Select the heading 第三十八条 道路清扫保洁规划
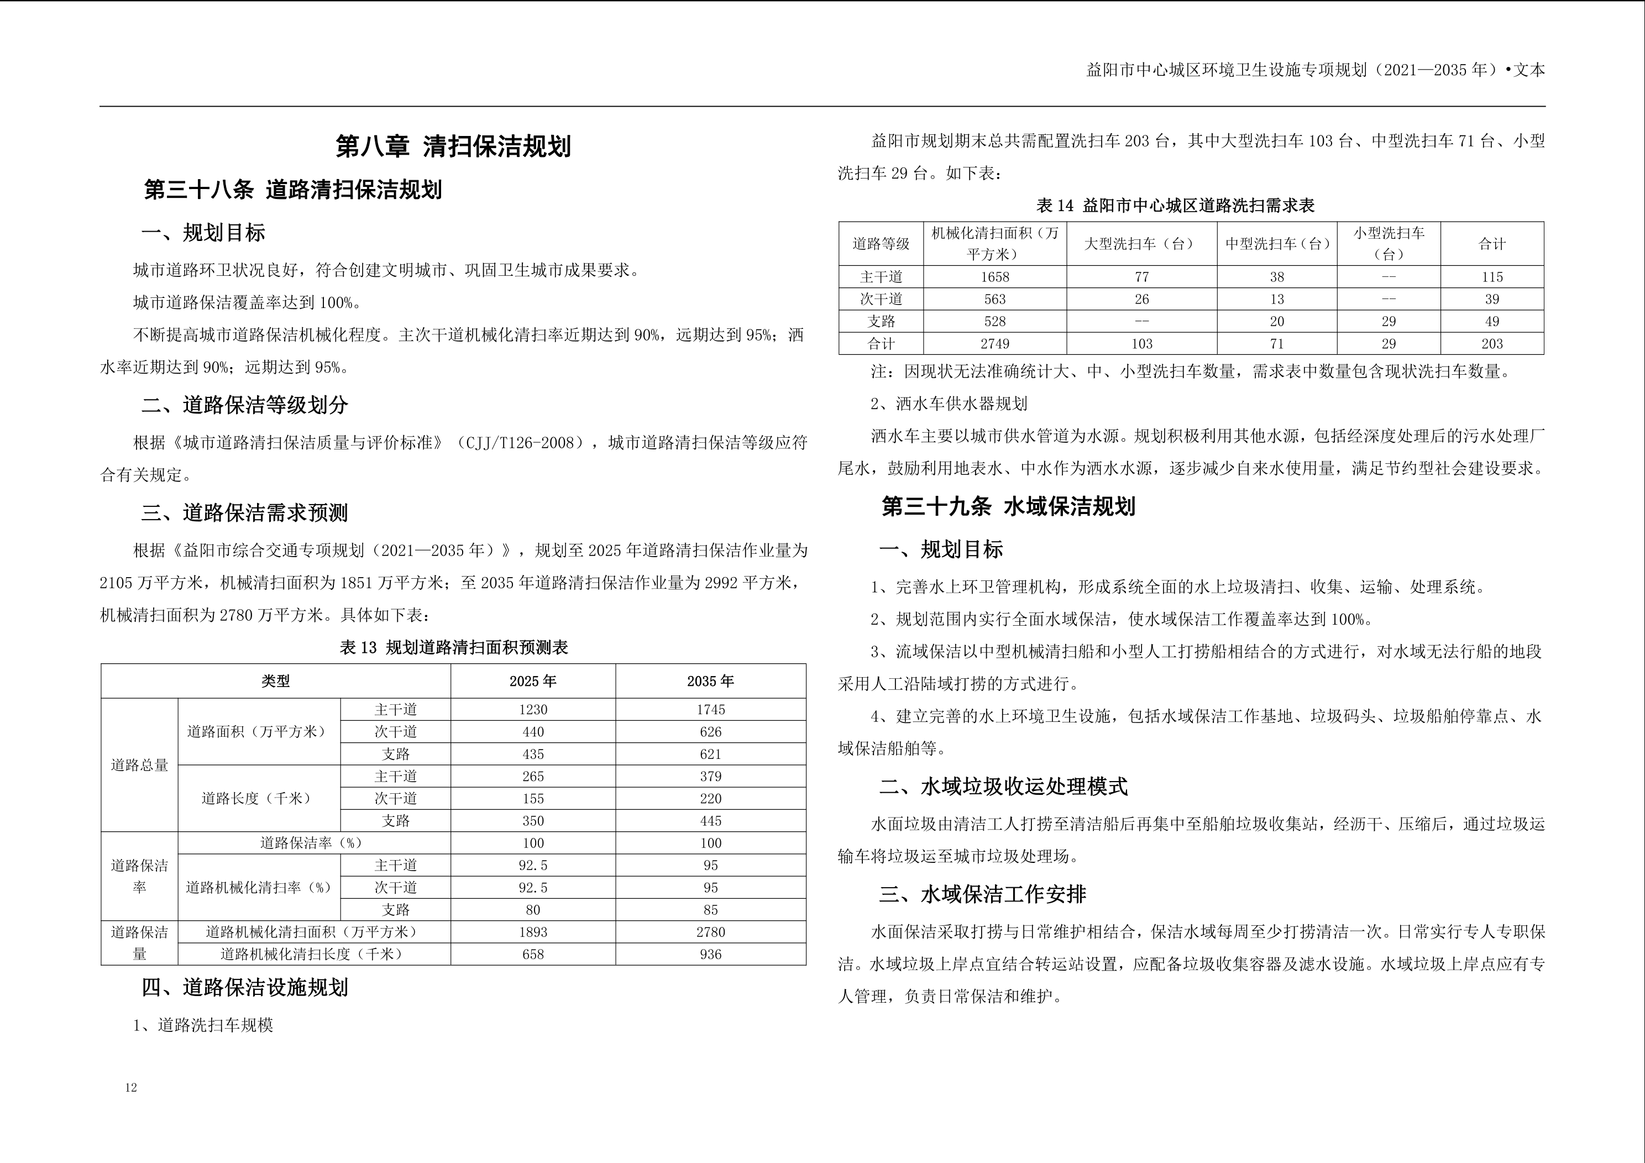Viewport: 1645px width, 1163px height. coord(293,190)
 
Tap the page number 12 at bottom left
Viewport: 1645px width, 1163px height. coord(131,1088)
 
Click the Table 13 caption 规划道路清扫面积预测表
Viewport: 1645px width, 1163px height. coord(453,648)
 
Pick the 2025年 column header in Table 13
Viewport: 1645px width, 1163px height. coord(532,682)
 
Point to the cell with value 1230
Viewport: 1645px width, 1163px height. coord(532,709)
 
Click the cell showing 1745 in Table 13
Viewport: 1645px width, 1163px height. coord(710,709)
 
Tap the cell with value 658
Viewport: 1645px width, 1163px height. coord(532,955)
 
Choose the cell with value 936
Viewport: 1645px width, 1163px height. coord(710,955)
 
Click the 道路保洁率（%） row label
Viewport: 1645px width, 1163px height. coord(311,844)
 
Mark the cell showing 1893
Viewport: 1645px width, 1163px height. coord(532,933)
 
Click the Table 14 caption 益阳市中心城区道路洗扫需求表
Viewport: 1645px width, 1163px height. coord(1175,206)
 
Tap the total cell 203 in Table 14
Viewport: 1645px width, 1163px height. coord(1492,344)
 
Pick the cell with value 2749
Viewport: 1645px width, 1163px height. coord(994,344)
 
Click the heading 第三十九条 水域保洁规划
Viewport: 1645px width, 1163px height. coord(1008,507)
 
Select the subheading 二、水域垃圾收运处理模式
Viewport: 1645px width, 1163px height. coord(1003,787)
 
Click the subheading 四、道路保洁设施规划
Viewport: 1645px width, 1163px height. coord(244,988)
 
